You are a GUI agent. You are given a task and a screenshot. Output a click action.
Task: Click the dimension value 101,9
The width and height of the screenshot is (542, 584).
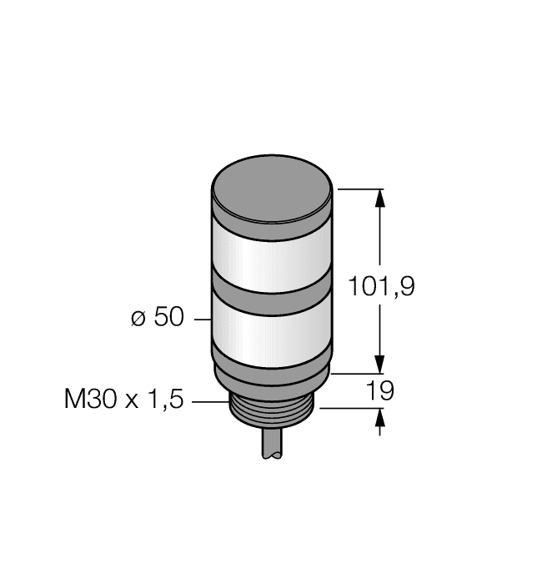(381, 287)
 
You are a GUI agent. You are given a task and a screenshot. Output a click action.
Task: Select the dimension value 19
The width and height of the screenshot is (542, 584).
(379, 390)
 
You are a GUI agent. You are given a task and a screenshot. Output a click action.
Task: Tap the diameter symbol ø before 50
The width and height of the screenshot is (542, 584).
(140, 320)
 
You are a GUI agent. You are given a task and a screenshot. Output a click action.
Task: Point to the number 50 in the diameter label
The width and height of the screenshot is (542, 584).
(169, 319)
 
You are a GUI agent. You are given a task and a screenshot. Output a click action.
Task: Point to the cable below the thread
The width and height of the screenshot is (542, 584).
(272, 446)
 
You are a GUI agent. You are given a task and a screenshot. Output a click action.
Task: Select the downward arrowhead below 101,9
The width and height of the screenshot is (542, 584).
(382, 365)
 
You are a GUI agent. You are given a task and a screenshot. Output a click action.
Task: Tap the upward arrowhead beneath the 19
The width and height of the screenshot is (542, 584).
(382, 417)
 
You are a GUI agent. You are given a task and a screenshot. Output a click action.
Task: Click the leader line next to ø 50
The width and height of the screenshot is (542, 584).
(201, 320)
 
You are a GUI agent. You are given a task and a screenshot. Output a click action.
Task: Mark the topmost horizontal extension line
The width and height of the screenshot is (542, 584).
(359, 189)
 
